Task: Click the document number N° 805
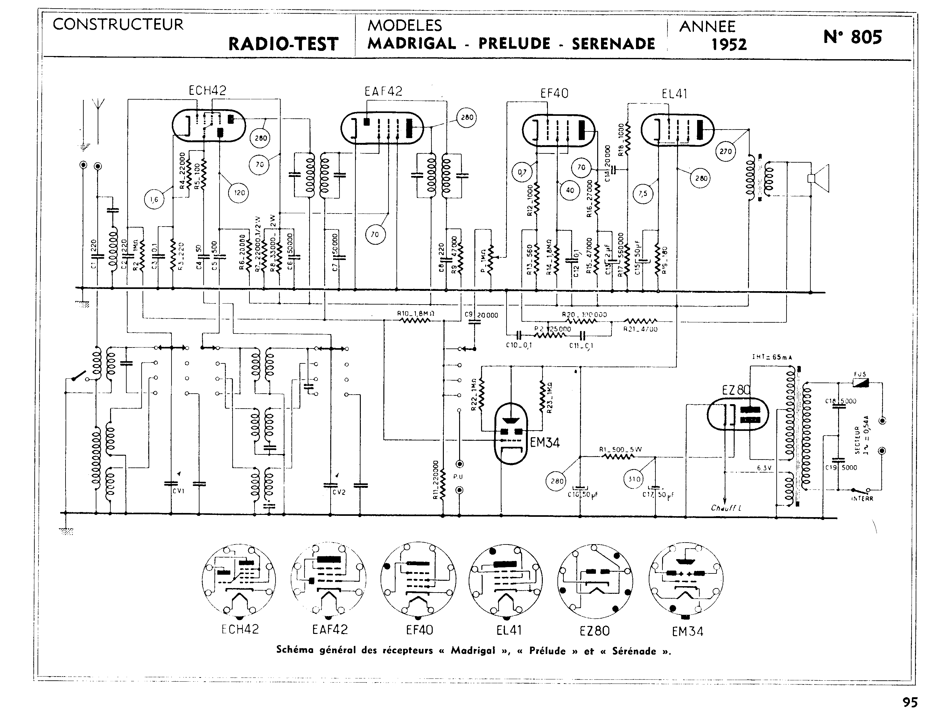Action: (x=852, y=37)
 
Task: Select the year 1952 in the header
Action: (x=729, y=44)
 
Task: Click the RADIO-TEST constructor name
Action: (x=283, y=44)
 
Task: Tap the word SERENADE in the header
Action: (x=613, y=44)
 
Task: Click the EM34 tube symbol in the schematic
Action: (x=511, y=433)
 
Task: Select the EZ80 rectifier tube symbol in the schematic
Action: (x=738, y=413)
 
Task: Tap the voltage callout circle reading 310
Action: (x=634, y=479)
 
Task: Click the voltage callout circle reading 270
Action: (x=725, y=151)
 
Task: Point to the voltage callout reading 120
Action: (x=239, y=193)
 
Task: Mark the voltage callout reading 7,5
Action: (x=643, y=194)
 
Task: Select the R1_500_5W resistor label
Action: (x=620, y=450)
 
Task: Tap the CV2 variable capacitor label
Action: (x=339, y=492)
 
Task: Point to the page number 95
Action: (x=910, y=702)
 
